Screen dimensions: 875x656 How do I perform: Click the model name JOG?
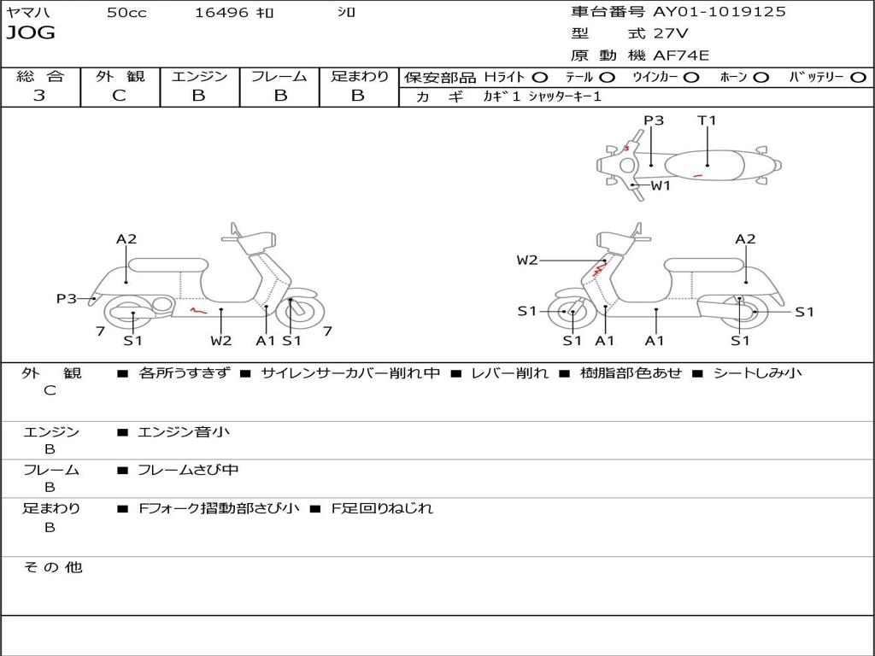click(31, 33)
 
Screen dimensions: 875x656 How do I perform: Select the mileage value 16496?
click(220, 13)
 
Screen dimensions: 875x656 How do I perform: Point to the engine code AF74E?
click(681, 56)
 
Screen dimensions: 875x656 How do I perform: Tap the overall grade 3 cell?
click(39, 96)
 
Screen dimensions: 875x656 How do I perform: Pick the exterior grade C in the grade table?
click(119, 96)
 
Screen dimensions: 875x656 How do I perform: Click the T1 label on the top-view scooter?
click(707, 120)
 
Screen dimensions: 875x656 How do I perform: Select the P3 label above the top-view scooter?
click(654, 120)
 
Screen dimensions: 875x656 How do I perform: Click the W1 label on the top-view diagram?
click(661, 185)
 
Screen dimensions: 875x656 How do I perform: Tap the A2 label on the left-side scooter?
click(126, 239)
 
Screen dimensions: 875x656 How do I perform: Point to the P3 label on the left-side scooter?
click(67, 299)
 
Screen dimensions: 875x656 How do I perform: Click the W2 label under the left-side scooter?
click(221, 341)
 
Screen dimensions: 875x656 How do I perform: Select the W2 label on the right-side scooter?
click(527, 261)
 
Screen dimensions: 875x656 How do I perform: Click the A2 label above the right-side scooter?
click(746, 239)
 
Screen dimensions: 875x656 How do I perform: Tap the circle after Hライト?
click(540, 77)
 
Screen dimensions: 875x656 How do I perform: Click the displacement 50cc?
click(126, 13)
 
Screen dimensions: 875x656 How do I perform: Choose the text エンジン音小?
click(183, 432)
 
